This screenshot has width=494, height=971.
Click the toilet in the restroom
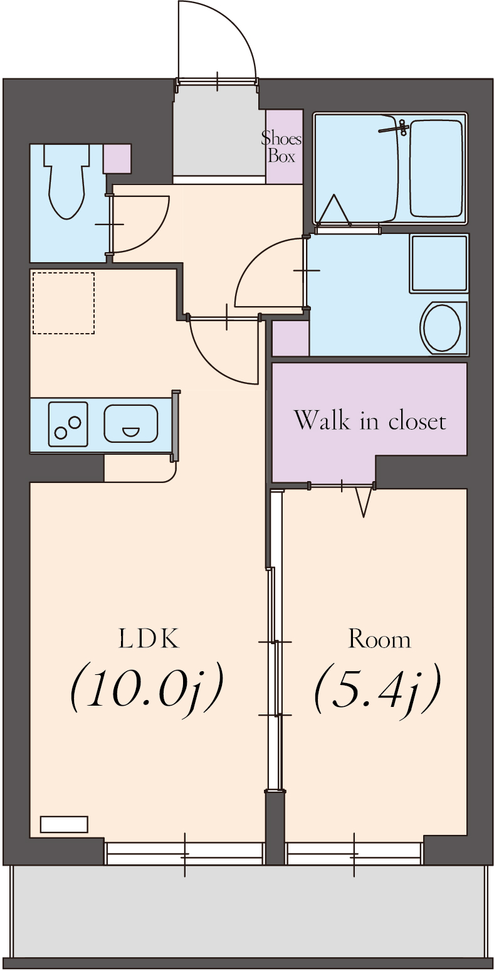[65, 185]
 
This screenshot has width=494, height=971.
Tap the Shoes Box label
[281, 147]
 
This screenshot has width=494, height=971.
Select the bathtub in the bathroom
[436, 167]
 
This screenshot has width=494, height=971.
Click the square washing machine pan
[439, 263]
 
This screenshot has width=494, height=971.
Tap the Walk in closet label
[370, 420]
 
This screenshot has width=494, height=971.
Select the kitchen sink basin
[131, 424]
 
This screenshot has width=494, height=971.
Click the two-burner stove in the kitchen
[68, 425]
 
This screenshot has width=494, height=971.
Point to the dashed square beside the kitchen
[63, 303]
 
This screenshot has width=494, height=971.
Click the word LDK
[149, 639]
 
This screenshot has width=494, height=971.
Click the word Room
[379, 639]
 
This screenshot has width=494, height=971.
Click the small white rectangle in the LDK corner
[64, 824]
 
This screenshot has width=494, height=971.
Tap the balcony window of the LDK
[184, 854]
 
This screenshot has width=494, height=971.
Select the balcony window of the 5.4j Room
[354, 854]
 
